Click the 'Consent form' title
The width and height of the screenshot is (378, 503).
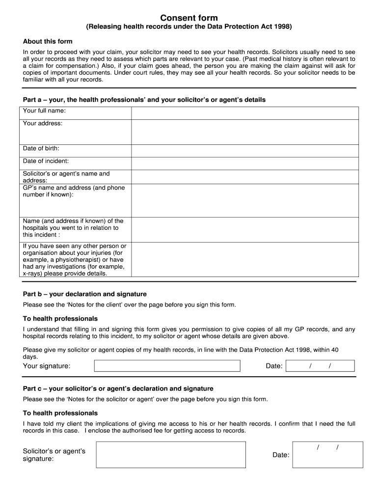(x=189, y=18)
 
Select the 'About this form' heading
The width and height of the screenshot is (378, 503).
(x=48, y=41)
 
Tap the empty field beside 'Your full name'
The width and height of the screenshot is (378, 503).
(x=244, y=113)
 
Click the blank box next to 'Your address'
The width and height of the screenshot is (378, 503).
(x=244, y=132)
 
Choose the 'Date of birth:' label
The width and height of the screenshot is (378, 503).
(x=41, y=148)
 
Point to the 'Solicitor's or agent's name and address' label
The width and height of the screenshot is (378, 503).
(x=66, y=177)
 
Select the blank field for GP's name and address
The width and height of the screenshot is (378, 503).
(x=244, y=200)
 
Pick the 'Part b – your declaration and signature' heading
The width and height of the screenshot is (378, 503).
(x=85, y=294)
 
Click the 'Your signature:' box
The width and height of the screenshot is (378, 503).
(x=167, y=366)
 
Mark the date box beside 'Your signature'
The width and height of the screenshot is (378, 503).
(x=320, y=366)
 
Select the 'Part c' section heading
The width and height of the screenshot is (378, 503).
(x=118, y=388)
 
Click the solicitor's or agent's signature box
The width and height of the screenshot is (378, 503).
(x=170, y=454)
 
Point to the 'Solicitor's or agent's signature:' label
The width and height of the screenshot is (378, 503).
(x=54, y=455)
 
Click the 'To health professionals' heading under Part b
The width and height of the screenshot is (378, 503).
(x=60, y=319)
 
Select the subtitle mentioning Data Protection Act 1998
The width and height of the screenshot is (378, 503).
(x=189, y=28)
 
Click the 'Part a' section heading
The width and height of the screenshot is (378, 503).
(x=144, y=100)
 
